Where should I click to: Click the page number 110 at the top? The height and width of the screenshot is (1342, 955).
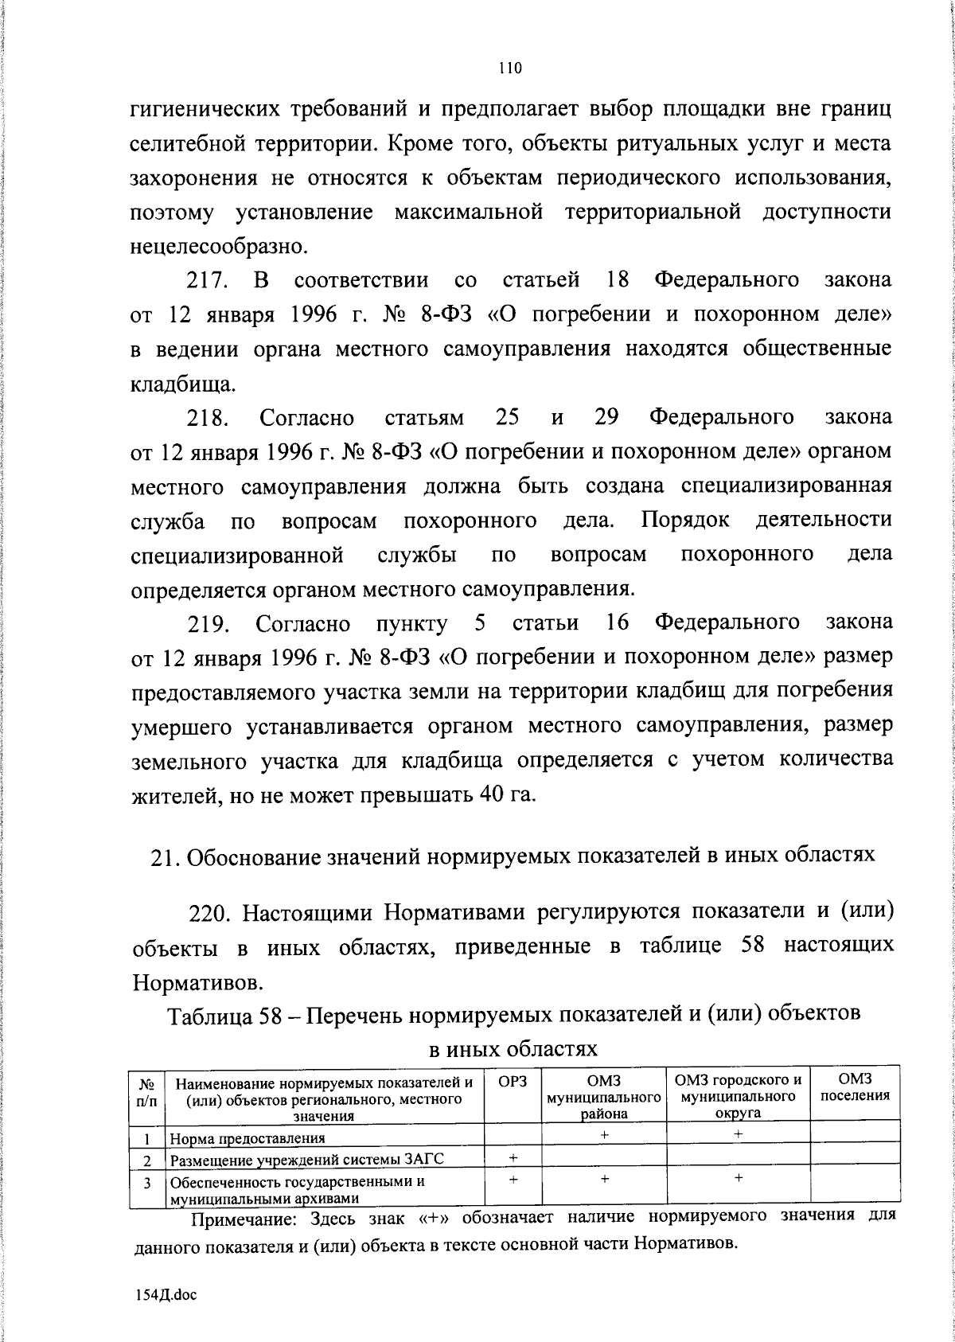[509, 69]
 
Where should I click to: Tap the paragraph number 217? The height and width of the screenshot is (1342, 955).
[209, 281]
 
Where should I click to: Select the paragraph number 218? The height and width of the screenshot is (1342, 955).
[209, 418]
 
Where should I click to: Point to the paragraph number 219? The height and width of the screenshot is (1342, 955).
[209, 623]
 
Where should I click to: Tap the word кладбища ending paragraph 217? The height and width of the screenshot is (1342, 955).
[171, 384]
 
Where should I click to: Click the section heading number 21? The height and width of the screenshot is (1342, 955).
[164, 856]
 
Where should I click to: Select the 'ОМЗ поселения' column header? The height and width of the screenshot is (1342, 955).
[855, 1087]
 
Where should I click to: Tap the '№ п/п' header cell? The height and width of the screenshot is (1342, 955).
[146, 1090]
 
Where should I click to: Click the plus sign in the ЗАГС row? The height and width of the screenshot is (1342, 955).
[513, 1157]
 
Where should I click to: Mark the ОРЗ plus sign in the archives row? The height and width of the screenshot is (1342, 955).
[513, 1180]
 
